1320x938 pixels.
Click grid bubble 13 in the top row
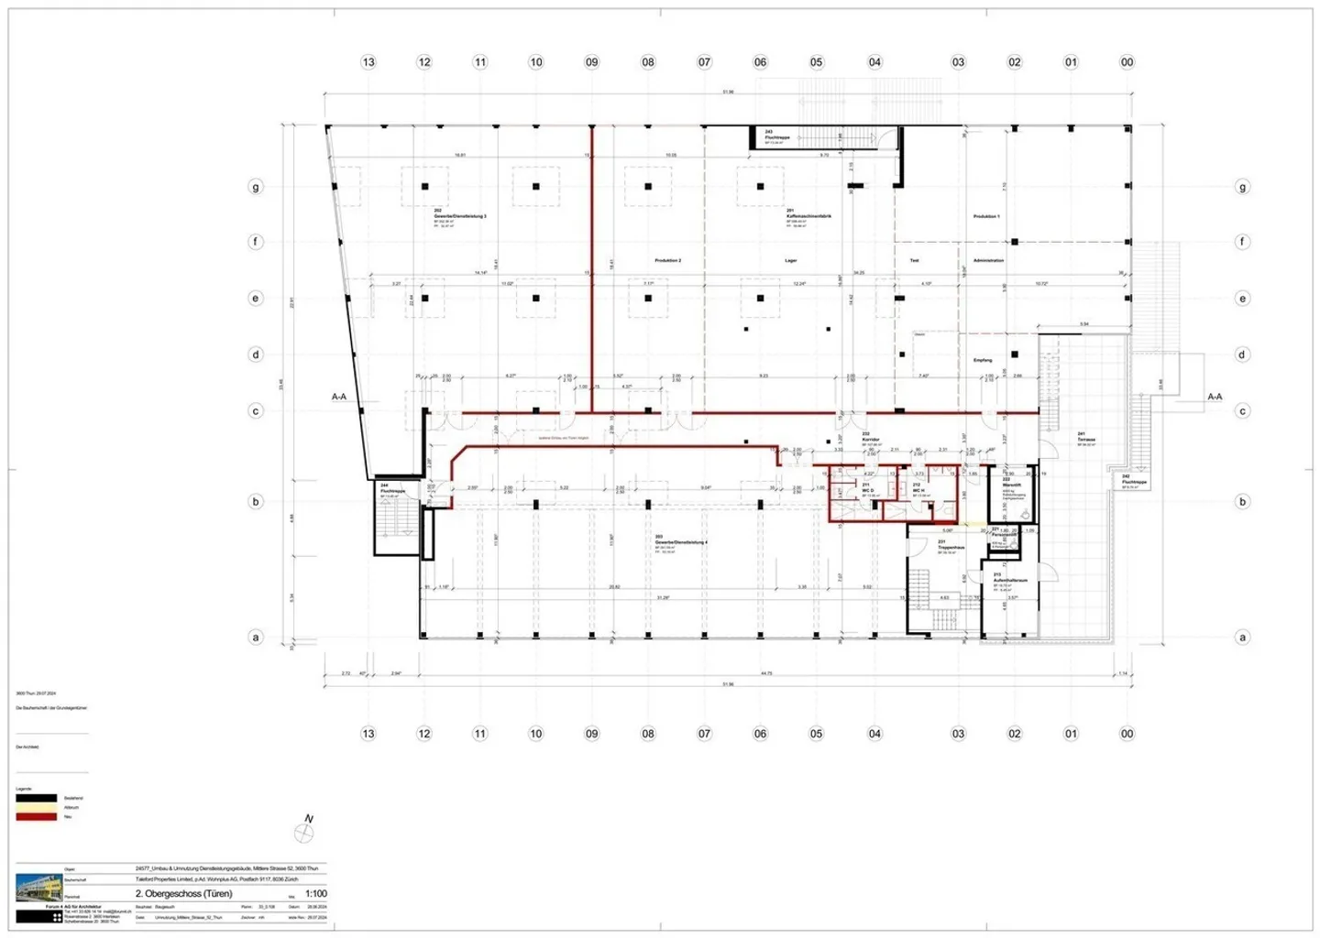[x=368, y=62]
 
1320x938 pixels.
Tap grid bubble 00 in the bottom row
[x=1127, y=734]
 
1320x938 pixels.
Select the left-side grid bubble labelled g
[x=256, y=187]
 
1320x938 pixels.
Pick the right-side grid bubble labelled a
[x=1242, y=638]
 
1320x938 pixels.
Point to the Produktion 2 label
[x=667, y=261]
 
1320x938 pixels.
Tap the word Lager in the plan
[x=790, y=261]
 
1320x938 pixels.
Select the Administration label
[x=988, y=261]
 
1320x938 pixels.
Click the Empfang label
[x=983, y=360]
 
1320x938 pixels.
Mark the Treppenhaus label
[x=951, y=547]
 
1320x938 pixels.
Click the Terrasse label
[x=1086, y=440]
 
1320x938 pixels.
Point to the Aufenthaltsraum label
[x=1010, y=580]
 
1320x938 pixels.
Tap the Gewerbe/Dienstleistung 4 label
[x=681, y=542]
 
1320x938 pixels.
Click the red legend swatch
[x=37, y=816]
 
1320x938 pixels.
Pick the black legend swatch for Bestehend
[x=37, y=798]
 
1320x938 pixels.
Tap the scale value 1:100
[x=315, y=894]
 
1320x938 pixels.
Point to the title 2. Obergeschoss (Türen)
[x=183, y=894]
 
